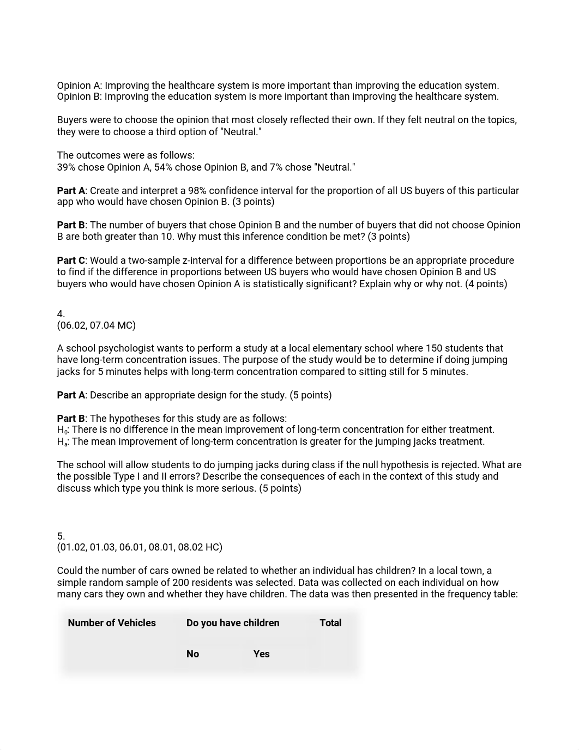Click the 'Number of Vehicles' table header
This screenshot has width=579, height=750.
click(112, 623)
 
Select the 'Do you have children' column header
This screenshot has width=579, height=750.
click(233, 623)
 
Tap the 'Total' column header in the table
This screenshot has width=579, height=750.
click(330, 623)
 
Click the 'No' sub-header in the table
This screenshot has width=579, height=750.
click(192, 654)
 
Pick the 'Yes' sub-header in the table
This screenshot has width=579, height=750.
click(261, 654)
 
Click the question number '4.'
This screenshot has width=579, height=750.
click(61, 314)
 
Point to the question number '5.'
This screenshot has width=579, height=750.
click(61, 536)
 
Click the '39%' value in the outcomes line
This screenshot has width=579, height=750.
click(66, 167)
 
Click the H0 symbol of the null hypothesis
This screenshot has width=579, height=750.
click(62, 430)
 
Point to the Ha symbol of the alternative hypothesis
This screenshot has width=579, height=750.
click(62, 442)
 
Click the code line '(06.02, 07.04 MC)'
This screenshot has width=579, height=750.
click(96, 325)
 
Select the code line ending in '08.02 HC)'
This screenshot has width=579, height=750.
click(140, 547)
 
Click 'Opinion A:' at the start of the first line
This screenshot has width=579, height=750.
click(80, 86)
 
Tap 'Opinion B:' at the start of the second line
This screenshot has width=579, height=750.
click(80, 96)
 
